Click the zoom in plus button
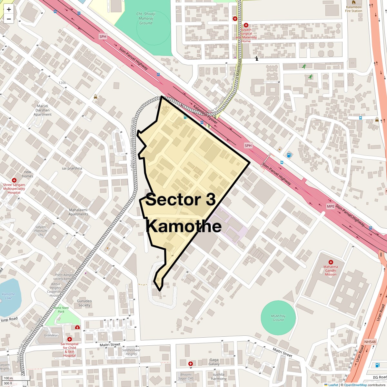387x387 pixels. click(9, 9)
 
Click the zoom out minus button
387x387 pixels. click(9, 19)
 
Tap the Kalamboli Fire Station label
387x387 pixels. click(353, 9)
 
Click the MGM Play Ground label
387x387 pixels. click(278, 318)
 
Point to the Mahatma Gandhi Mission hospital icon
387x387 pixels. click(331, 262)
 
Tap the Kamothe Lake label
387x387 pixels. click(8, 296)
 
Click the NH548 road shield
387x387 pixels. click(370, 342)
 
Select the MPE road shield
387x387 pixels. click(331, 206)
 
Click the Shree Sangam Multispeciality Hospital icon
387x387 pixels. click(14, 180)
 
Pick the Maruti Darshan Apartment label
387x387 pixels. click(43, 110)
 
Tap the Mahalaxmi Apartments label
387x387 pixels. click(78, 212)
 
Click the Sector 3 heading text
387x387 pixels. click(181, 200)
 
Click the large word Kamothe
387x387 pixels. click(184, 226)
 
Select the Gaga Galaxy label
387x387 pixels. click(214, 362)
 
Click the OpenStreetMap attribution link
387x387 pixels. click(355, 385)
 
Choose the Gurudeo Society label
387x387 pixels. click(84, 303)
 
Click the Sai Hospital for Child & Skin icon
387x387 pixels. click(70, 339)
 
